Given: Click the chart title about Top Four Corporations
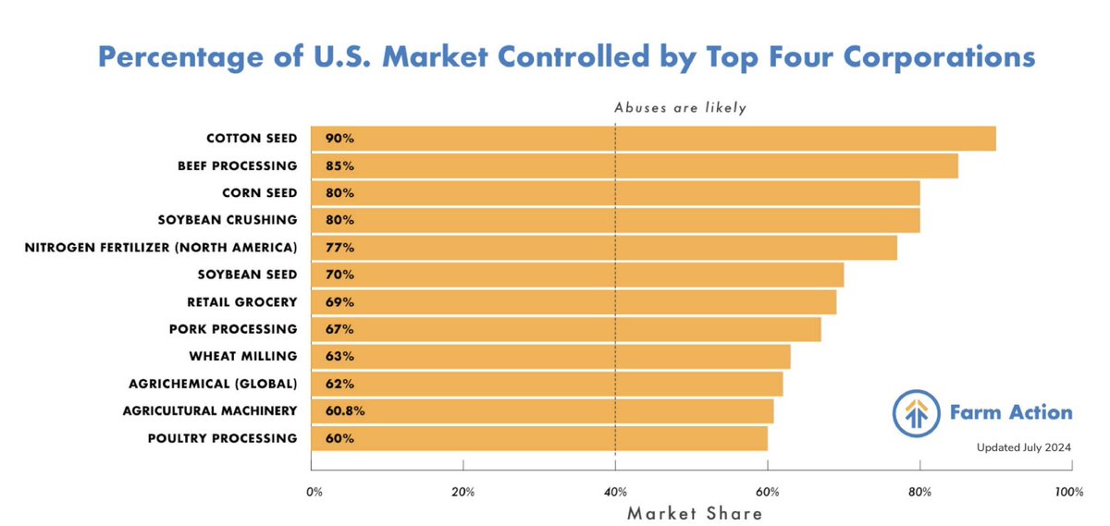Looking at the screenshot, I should click(x=566, y=57).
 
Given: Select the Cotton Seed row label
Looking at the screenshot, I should click(x=252, y=139).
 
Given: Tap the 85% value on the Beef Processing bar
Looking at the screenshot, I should click(x=339, y=166).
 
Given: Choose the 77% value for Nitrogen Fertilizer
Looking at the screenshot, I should click(x=339, y=248).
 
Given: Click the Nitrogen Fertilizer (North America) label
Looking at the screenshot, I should click(x=161, y=248).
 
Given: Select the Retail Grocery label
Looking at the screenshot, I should click(x=241, y=301).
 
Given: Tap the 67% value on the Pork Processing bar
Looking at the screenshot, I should click(x=339, y=329).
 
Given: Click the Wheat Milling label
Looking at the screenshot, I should click(x=243, y=356).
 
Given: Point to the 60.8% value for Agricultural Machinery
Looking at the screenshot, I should click(x=344, y=410).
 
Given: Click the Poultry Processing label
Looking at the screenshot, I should click(x=222, y=438).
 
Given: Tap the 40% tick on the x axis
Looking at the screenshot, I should click(x=615, y=493).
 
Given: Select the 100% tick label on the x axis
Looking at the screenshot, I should click(x=1068, y=493).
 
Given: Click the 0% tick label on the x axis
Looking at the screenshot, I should click(x=314, y=493).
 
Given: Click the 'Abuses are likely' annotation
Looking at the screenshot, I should click(x=680, y=107).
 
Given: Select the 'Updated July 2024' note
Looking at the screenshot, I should click(x=1024, y=447).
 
